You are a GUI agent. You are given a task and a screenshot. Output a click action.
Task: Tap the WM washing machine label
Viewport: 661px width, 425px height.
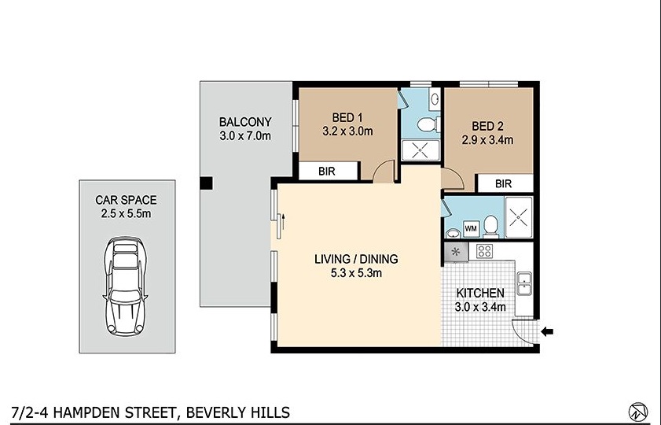click(x=472, y=228)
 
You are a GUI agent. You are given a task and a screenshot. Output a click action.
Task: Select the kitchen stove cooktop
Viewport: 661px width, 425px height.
click(x=485, y=252)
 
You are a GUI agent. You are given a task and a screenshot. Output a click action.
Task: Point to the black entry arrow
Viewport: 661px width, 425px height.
click(x=548, y=332)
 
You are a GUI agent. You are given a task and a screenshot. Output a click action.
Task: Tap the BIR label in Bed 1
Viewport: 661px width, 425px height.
click(x=328, y=170)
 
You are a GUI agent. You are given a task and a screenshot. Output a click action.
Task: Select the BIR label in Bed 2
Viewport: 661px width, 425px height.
click(x=504, y=183)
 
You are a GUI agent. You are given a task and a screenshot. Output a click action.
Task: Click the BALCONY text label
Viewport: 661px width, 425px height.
click(x=245, y=122)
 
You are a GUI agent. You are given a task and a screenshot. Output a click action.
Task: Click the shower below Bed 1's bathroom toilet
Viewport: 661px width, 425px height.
click(x=417, y=150)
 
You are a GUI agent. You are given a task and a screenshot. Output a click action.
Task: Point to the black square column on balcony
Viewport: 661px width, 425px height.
click(x=206, y=184)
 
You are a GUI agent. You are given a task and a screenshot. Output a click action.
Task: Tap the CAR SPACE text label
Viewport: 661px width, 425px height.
click(x=127, y=201)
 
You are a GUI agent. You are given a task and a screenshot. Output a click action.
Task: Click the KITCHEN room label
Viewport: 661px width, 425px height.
click(x=480, y=293)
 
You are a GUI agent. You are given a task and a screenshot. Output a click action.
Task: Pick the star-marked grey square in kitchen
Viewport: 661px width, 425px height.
click(x=456, y=252)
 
